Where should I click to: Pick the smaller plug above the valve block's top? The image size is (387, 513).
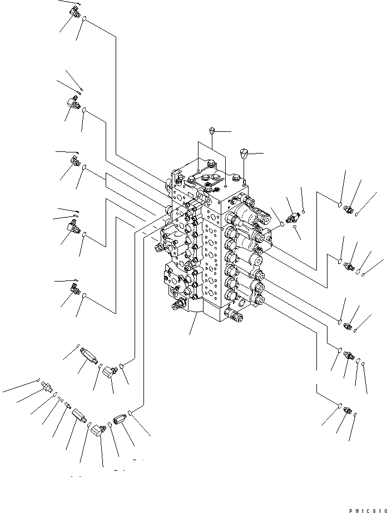211,131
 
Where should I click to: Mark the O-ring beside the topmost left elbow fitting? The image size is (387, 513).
84,21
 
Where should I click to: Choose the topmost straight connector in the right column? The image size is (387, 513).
350,209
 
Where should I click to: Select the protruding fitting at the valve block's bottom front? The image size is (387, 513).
235,317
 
